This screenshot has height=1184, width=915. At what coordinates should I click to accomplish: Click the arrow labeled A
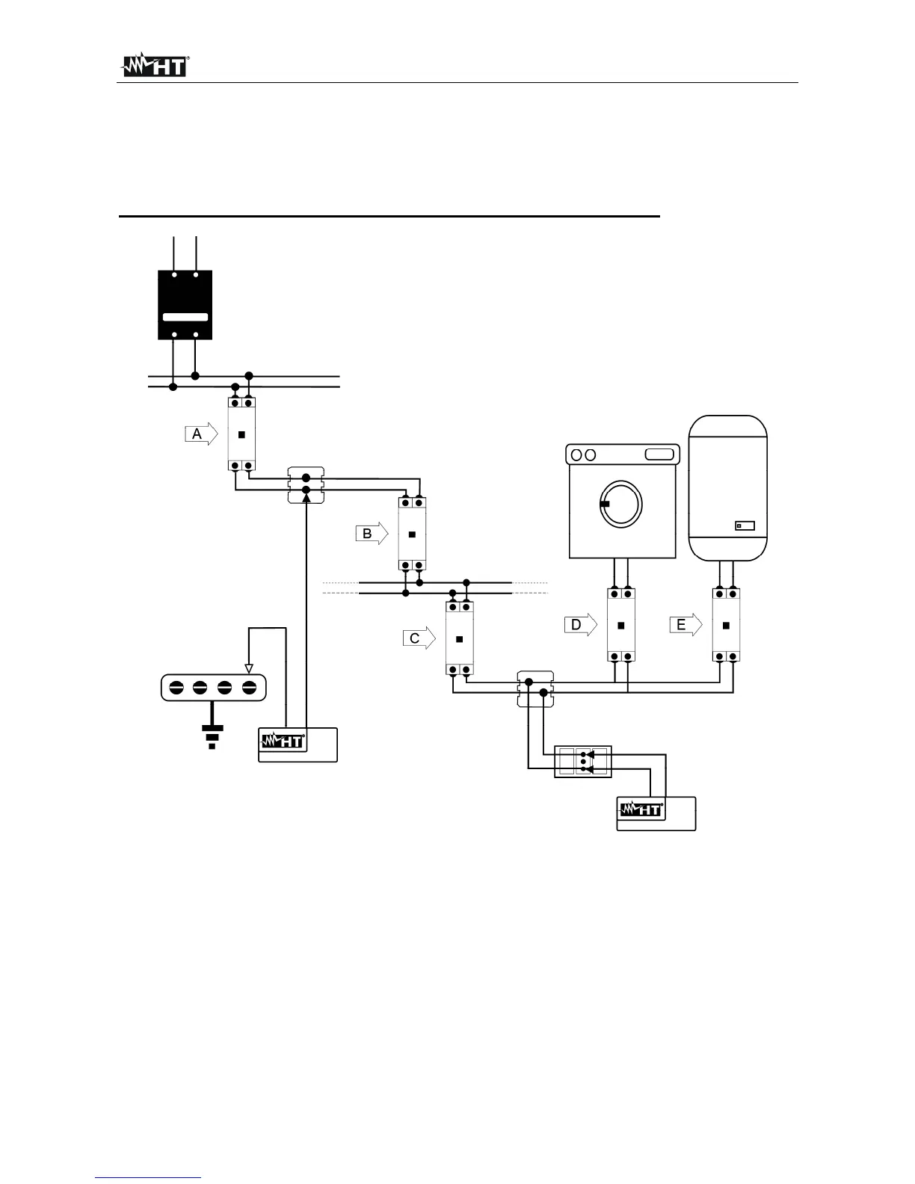point(201,434)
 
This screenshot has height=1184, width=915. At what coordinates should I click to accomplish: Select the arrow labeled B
point(372,534)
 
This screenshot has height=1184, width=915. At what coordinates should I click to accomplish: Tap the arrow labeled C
point(419,638)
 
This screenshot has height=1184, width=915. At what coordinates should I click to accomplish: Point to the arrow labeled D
point(580,625)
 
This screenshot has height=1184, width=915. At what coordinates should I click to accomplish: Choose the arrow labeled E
point(686,625)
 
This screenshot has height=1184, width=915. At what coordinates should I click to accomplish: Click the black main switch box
point(185,305)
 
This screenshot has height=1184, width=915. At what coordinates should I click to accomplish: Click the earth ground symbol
point(213,736)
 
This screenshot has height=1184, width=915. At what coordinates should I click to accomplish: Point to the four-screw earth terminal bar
point(214,688)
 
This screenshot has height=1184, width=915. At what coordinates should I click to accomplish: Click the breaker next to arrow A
point(241,434)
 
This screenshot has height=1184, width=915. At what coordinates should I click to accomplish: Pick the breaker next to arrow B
point(411,534)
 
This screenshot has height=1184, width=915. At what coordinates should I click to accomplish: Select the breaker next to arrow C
point(459,638)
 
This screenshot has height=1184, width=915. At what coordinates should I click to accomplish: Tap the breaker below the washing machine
point(620,625)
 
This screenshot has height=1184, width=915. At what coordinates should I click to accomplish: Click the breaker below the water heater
point(726,625)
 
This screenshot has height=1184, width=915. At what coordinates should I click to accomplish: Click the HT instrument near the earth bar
point(298,744)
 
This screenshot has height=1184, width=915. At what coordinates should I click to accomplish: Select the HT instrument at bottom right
point(656,813)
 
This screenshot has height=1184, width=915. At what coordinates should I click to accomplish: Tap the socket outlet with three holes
point(583,762)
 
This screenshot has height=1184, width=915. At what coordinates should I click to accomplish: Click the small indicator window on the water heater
point(745,525)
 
